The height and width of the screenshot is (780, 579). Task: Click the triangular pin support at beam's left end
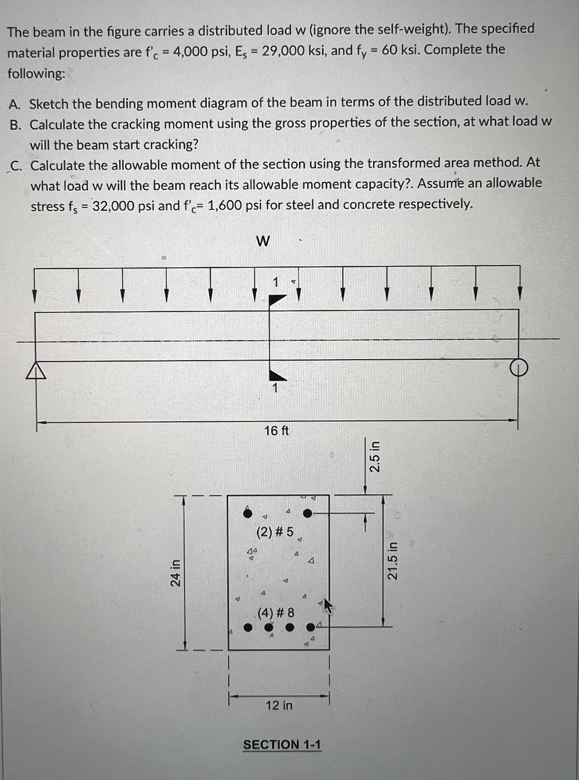36,371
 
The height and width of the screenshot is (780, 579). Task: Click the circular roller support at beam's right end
519,368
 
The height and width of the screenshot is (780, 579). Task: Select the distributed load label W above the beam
263,241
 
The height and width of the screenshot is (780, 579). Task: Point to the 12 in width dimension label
279,705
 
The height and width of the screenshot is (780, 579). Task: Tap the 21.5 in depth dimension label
392,560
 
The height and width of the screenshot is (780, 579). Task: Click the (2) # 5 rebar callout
275,532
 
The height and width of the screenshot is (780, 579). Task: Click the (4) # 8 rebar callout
276,613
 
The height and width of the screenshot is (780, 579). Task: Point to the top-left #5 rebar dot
248,514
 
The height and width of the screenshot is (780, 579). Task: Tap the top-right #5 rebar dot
307,513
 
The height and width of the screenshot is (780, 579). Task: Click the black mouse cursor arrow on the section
327,606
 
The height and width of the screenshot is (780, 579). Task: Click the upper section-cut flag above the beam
277,300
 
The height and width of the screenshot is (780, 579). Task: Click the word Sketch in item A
49,104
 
